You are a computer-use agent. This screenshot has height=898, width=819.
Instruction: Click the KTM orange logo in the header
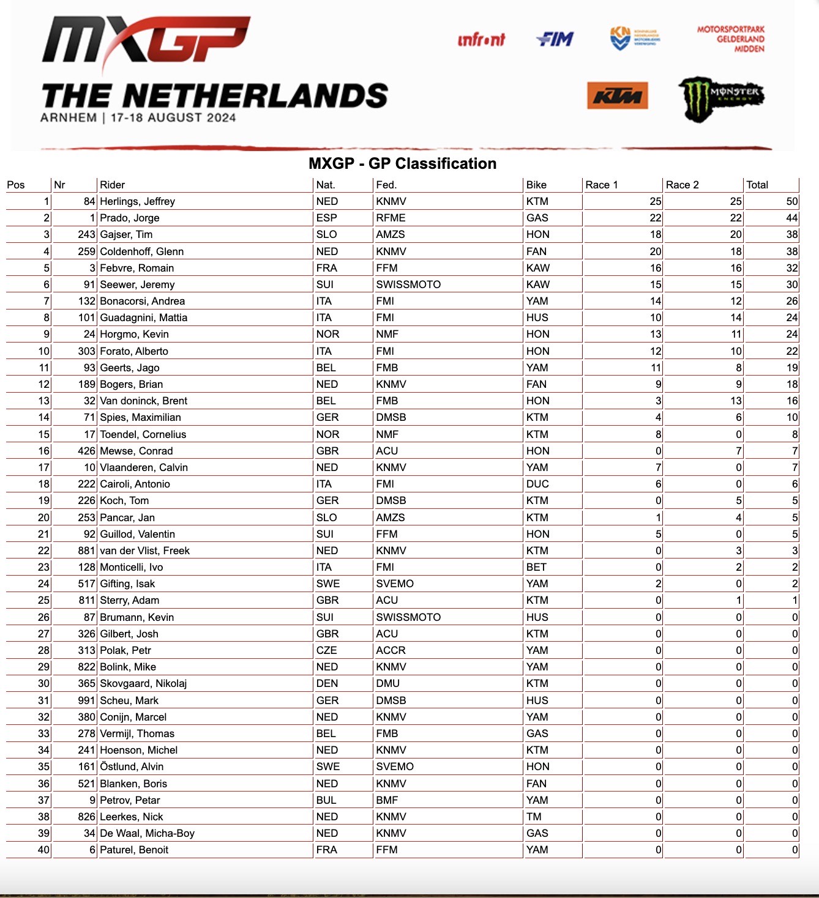[x=617, y=96]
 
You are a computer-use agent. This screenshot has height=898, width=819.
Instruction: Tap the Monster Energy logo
[x=721, y=98]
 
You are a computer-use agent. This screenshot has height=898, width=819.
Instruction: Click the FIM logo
[x=555, y=39]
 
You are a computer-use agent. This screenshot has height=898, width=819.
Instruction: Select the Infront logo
[x=481, y=40]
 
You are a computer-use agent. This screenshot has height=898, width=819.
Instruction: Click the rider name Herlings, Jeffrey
[x=137, y=201]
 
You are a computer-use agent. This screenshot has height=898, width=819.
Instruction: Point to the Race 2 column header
[x=682, y=185]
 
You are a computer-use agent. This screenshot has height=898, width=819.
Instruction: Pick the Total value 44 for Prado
[x=791, y=218]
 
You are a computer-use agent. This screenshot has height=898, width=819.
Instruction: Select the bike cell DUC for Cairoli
[x=537, y=484]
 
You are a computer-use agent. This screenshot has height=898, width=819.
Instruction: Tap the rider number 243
[x=86, y=234]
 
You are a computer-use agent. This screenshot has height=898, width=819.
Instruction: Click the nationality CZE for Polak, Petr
[x=326, y=650]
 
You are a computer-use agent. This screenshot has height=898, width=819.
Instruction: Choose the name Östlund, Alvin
[x=132, y=766]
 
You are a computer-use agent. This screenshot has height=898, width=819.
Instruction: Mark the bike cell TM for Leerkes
[x=534, y=817]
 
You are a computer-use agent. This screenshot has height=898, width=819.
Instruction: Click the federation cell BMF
[x=387, y=800]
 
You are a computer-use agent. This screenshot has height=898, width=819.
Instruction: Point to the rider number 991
[x=86, y=700]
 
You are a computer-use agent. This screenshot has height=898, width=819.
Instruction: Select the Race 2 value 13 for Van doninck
[x=736, y=401]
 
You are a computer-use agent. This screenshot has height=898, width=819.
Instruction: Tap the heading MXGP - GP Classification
[x=402, y=163]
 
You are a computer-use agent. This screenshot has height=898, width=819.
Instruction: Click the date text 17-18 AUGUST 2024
[x=173, y=117]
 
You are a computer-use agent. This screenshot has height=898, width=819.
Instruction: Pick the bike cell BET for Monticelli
[x=536, y=567]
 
